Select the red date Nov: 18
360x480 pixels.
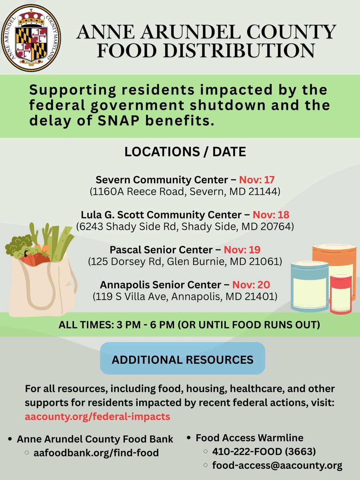point(273,215)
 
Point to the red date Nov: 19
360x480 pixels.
point(242,250)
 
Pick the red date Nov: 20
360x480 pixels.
point(251,285)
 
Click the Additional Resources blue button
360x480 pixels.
point(182,359)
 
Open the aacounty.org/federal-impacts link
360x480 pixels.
point(97,416)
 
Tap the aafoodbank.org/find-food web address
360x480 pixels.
point(96,453)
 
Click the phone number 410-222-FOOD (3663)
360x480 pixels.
point(264,452)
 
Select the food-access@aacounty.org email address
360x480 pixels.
point(277,466)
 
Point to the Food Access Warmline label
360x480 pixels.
point(249,438)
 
